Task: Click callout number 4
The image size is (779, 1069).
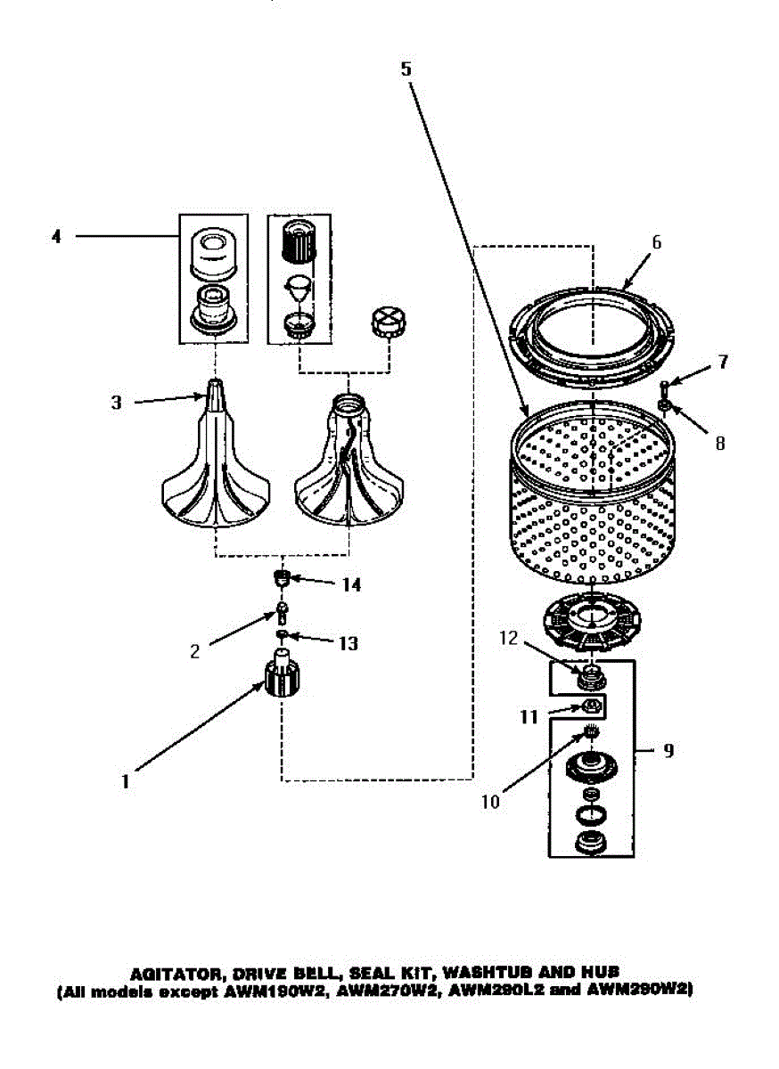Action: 57,238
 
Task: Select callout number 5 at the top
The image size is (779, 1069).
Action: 406,69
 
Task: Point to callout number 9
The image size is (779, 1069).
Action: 668,750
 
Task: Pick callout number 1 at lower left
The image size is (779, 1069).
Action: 126,781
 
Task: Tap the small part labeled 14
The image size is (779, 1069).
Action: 282,580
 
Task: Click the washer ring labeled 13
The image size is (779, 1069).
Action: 283,634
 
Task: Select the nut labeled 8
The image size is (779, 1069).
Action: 664,407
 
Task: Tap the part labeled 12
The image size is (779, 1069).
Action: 587,679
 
